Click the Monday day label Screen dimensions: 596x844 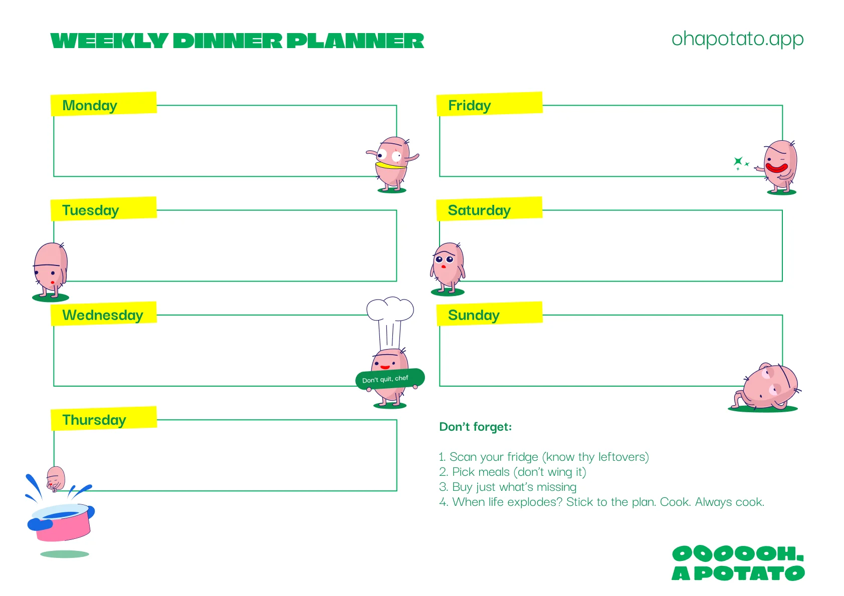(90, 106)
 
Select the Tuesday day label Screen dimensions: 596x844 (91, 210)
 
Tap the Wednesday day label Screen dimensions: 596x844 (103, 315)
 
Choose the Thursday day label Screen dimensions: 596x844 (94, 420)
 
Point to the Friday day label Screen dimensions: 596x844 (470, 106)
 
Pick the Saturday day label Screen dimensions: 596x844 (479, 210)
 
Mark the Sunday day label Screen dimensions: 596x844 (474, 315)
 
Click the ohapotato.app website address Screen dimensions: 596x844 (737, 39)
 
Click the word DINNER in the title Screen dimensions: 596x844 (228, 41)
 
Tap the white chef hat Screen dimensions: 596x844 (390, 316)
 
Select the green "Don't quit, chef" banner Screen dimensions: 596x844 (390, 379)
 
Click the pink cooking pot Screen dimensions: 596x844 (63, 523)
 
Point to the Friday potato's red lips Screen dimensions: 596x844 (776, 167)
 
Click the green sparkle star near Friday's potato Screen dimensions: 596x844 (738, 161)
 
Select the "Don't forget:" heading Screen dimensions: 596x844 (475, 427)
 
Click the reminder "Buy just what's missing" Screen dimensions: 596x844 (514, 487)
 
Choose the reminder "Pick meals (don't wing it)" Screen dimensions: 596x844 (519, 472)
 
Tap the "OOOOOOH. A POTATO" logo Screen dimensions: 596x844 (738, 563)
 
